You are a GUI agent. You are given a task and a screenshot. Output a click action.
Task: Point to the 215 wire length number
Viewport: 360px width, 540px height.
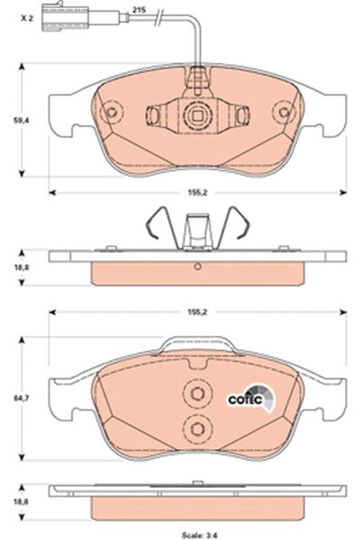[138, 9]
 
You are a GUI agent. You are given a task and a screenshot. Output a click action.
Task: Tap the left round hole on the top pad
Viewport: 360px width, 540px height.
[111, 114]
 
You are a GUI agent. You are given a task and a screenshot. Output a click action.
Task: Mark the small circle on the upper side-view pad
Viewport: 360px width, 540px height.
[196, 265]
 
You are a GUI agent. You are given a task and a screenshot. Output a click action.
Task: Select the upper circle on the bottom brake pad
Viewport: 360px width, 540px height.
[195, 393]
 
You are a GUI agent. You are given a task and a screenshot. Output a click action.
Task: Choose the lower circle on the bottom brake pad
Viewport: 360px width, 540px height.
[195, 428]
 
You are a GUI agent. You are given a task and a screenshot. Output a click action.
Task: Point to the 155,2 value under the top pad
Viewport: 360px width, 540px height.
[197, 191]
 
